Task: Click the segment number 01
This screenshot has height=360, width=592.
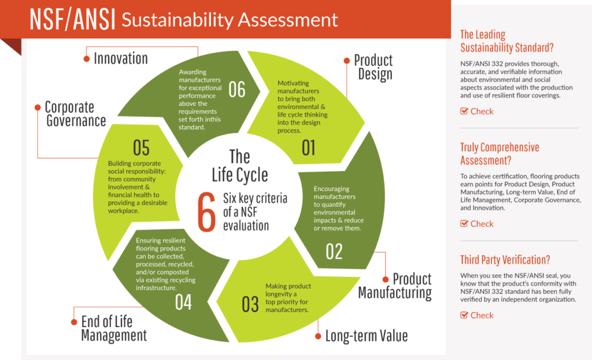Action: coord(309,147)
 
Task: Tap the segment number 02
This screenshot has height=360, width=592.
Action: coord(334,251)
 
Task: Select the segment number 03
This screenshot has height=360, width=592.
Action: coord(250,304)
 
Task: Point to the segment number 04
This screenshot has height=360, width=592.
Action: coord(183,302)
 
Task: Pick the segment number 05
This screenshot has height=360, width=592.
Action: coord(141,147)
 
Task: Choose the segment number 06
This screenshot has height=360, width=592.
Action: coord(236,90)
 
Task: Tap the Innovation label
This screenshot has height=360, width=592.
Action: coord(120,58)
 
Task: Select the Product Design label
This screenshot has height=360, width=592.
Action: coord(373,67)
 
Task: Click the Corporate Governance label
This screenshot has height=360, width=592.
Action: coord(75,114)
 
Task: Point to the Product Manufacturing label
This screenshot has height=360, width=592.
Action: coord(395,286)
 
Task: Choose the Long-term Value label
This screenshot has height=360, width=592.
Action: coord(366,336)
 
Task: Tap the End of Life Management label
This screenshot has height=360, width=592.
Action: coord(113,329)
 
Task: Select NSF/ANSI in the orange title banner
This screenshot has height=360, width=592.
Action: coord(72,20)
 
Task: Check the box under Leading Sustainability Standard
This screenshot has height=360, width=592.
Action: coord(464,112)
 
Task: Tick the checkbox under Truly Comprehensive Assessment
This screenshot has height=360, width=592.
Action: coord(464,224)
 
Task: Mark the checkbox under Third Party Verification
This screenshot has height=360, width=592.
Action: coord(464,316)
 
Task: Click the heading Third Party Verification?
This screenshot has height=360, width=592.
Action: coord(505,260)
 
